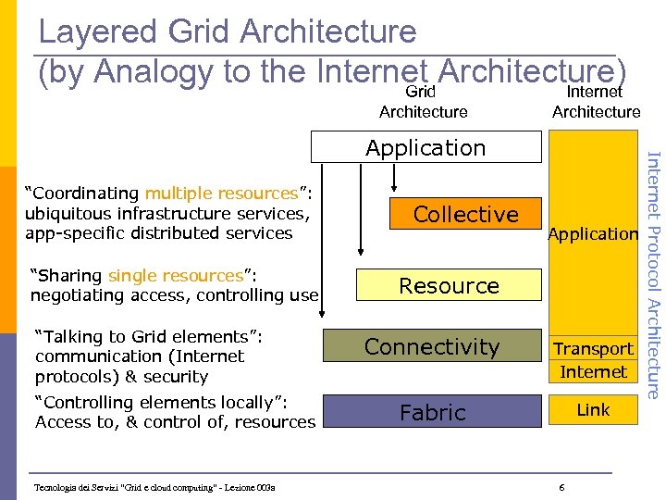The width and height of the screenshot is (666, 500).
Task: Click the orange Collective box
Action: tap(466, 214)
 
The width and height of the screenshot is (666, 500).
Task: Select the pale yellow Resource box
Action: tap(449, 286)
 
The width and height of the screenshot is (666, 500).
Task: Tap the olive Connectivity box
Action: tap(431, 347)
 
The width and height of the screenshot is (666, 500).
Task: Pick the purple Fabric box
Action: tap(431, 412)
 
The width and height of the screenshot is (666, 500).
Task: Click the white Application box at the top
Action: tap(425, 147)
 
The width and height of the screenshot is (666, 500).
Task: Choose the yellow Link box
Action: tap(593, 410)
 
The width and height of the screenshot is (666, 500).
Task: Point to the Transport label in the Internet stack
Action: tap(593, 349)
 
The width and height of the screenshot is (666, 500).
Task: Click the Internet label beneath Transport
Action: tap(593, 372)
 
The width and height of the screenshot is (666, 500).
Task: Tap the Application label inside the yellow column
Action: tap(593, 234)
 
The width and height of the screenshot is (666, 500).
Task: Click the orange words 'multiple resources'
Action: tap(220, 194)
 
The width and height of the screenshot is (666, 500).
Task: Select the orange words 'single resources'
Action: tap(176, 276)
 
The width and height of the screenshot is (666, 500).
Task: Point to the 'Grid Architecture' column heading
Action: tap(423, 102)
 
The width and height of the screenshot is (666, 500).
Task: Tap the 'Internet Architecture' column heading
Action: tap(596, 102)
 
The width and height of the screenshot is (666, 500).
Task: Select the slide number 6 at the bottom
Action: tap(562, 487)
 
